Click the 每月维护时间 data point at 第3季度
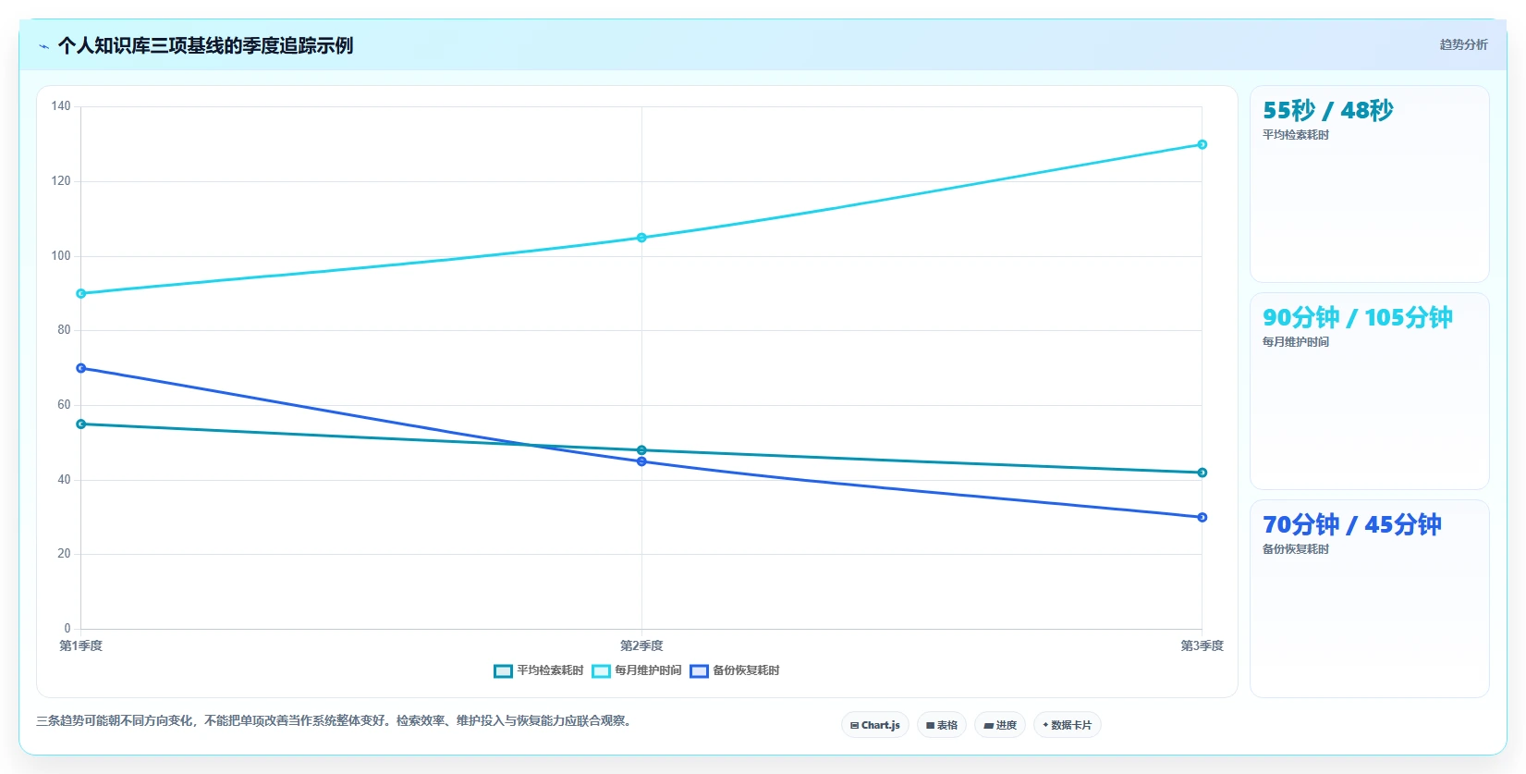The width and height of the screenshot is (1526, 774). (x=1202, y=144)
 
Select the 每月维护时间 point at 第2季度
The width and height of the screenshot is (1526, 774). (x=641, y=238)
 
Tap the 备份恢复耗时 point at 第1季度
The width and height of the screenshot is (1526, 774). (x=81, y=368)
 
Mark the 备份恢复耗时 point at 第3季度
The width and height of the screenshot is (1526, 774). (x=1202, y=517)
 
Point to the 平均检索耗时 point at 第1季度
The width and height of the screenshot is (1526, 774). (x=81, y=424)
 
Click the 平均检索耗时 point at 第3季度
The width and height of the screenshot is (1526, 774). (x=1202, y=473)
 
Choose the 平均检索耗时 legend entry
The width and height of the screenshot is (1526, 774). (x=538, y=670)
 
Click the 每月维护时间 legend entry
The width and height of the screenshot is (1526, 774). (x=636, y=670)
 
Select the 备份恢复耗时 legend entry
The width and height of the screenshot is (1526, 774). (x=735, y=670)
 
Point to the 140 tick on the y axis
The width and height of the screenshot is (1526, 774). (x=61, y=105)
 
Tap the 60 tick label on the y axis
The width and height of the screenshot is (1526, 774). (x=64, y=405)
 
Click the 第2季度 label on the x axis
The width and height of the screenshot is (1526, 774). (x=641, y=645)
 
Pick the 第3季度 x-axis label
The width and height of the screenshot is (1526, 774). (x=1202, y=645)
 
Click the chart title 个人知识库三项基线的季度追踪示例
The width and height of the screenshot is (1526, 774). (x=205, y=45)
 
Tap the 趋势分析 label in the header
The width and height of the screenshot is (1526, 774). (x=1463, y=45)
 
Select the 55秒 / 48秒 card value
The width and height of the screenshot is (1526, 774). (x=1328, y=110)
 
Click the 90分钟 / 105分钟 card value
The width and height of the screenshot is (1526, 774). (x=1357, y=317)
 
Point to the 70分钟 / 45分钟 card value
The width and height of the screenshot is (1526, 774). (x=1351, y=524)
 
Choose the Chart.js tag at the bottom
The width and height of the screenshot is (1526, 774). (x=874, y=725)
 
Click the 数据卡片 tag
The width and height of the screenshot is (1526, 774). (x=1067, y=725)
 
